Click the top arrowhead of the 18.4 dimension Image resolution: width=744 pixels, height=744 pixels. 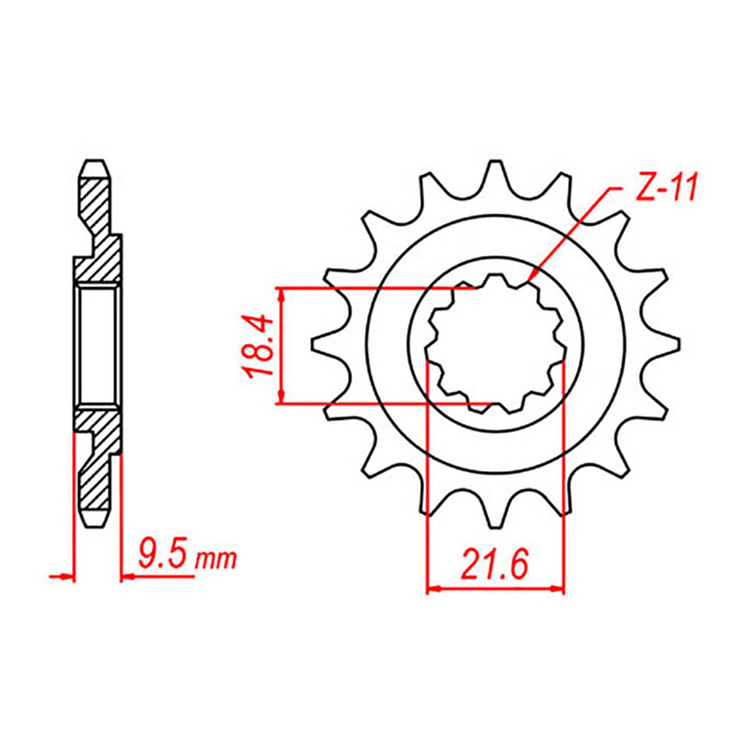pos(280,293)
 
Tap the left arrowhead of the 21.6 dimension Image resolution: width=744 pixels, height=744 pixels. pos(432,589)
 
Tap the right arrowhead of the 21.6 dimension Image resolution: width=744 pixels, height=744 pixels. pos(558,589)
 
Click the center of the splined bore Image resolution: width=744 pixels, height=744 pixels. pos(496,346)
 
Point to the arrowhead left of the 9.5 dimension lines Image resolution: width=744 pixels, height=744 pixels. pos(67,577)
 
